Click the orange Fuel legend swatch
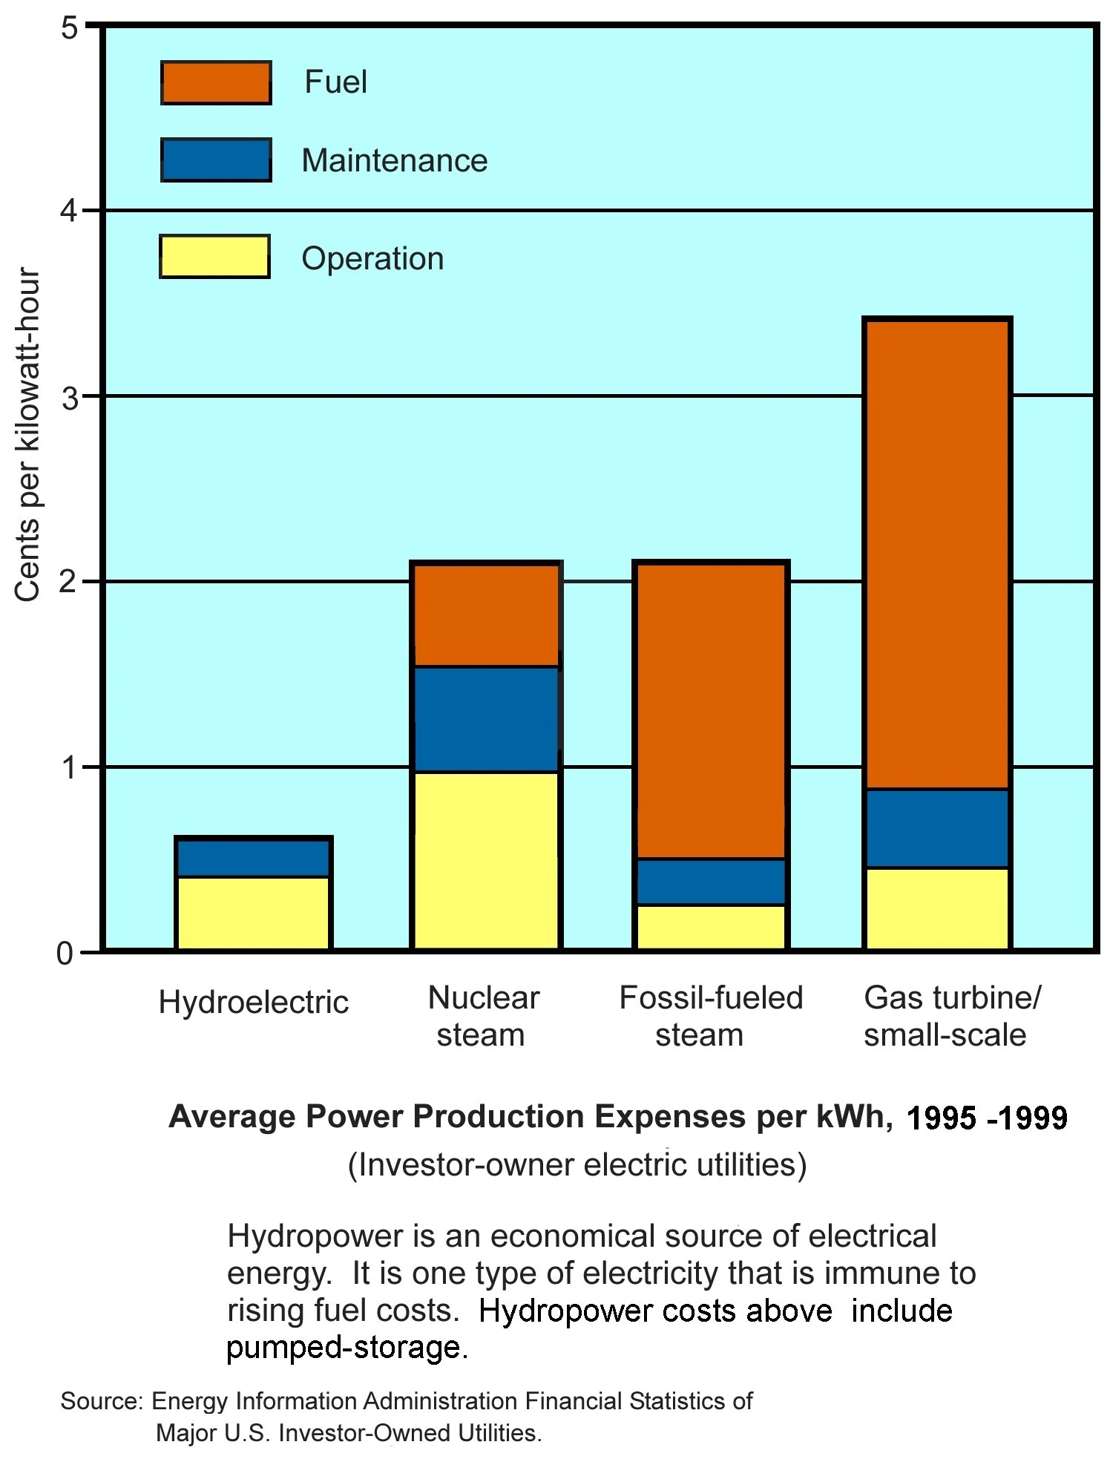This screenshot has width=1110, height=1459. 216,82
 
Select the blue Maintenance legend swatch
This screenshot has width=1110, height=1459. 216,160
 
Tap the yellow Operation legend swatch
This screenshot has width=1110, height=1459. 214,257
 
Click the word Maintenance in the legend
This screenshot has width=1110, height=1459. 394,160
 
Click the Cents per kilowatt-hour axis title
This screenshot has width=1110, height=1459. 27,434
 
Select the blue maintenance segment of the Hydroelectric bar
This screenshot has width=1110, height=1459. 253,858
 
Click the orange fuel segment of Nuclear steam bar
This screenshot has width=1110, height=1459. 486,615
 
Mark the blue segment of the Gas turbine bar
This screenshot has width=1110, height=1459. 937,827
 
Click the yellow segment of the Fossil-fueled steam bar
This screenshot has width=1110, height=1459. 711,925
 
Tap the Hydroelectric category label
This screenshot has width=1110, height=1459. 253,1003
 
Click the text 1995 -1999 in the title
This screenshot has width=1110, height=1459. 986,1118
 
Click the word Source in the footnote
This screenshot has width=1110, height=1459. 99,1401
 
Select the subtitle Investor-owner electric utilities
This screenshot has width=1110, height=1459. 577,1165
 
